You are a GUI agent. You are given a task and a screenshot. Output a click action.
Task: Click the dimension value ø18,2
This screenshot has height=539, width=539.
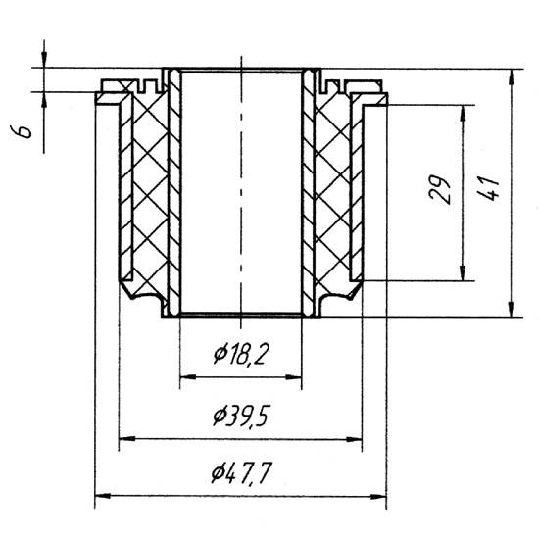[x=240, y=355]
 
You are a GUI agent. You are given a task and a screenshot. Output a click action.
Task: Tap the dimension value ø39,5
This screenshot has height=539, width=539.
[x=240, y=416]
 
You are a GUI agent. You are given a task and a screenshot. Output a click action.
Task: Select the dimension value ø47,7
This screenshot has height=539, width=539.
[x=242, y=473]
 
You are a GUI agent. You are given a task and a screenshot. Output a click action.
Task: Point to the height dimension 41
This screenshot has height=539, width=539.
[x=488, y=189]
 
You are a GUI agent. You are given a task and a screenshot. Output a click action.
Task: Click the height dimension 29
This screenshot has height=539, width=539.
[x=440, y=190]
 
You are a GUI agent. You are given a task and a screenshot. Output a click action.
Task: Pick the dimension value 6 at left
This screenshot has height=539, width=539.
[x=22, y=131]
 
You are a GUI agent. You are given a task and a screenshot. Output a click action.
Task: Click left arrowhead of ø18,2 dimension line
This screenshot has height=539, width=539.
[x=188, y=377]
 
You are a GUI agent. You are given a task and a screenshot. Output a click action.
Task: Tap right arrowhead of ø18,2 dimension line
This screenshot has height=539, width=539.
[x=294, y=377]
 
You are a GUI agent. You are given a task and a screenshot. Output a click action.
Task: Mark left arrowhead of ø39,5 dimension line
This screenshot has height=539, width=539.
[x=126, y=439]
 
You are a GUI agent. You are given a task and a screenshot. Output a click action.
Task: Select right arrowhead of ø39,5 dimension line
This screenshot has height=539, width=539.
[x=354, y=439]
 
